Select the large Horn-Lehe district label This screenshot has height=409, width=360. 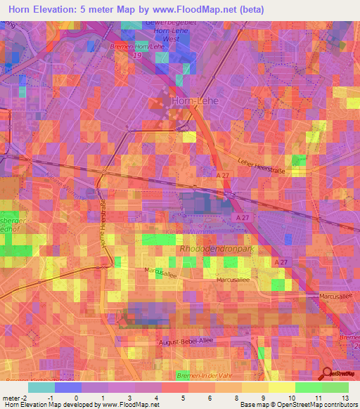pyautogui.click(x=195, y=101)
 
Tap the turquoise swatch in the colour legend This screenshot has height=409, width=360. pyautogui.click(x=41, y=387)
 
